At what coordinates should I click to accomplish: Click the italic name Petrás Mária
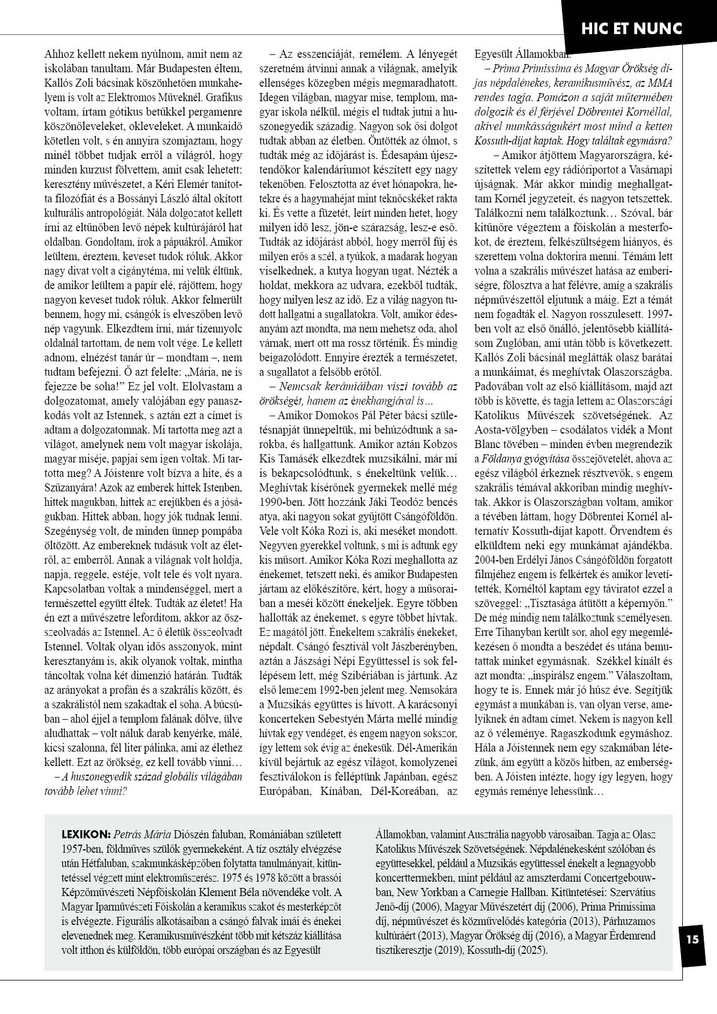(x=142, y=835)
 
